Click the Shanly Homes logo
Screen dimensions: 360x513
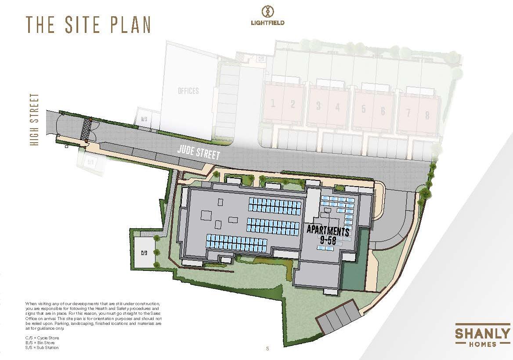coord(482,336)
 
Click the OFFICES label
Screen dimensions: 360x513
coord(188,91)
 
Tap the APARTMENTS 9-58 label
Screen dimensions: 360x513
coord(328,234)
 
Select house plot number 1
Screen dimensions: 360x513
coord(273,104)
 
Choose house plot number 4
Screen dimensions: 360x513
coord(337,106)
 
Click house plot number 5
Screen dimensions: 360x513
coord(363,109)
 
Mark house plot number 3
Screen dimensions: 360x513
coord(318,106)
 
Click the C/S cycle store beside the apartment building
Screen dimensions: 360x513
coord(143,253)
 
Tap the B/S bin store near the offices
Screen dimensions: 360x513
coord(144,119)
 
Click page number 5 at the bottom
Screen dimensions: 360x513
coord(267,349)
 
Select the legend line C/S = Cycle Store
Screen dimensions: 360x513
coord(42,338)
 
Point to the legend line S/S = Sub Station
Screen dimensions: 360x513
coord(42,347)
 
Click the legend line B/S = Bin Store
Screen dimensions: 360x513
coord(41,342)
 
